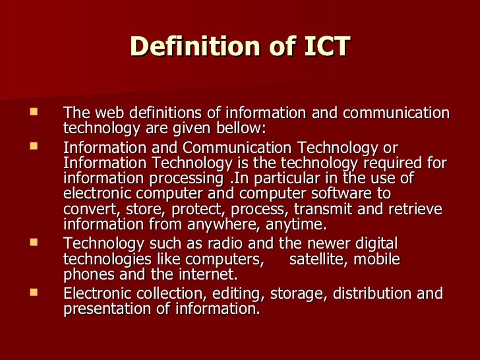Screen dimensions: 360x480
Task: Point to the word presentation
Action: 109,309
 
